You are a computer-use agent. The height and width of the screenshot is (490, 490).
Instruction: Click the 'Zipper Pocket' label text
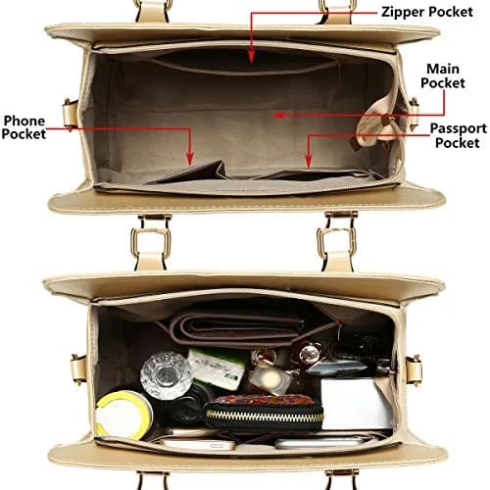coord(427,12)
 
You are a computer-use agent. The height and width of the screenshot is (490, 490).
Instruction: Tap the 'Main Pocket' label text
coord(443,75)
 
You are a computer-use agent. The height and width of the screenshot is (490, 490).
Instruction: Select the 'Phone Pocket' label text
coord(24,127)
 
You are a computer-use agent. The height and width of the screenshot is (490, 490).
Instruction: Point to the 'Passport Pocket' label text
coord(458,135)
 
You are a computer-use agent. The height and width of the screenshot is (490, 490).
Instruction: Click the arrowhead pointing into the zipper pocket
coord(251,56)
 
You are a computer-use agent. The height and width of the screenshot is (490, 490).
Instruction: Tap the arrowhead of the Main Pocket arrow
coord(278,115)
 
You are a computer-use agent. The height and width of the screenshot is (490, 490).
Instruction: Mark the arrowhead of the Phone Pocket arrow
coord(190,159)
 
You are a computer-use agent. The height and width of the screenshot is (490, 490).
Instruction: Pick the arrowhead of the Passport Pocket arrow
coord(309,162)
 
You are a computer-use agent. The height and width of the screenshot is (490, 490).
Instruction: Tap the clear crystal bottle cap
coord(166,374)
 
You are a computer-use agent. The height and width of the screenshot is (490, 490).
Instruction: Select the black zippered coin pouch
coord(264,413)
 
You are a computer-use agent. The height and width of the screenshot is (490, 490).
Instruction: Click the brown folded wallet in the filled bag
coord(237,329)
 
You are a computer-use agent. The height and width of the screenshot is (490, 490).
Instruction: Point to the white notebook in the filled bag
coord(356,404)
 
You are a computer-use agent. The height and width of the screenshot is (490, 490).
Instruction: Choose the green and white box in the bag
coord(217,367)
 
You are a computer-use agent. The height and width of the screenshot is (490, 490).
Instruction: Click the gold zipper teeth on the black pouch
coord(264,416)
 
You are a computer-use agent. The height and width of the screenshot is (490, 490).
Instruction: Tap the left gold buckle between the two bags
coord(151,242)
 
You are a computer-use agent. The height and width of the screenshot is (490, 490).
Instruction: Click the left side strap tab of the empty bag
coord(71,113)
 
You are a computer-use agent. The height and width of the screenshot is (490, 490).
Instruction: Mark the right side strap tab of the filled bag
coord(414,370)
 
